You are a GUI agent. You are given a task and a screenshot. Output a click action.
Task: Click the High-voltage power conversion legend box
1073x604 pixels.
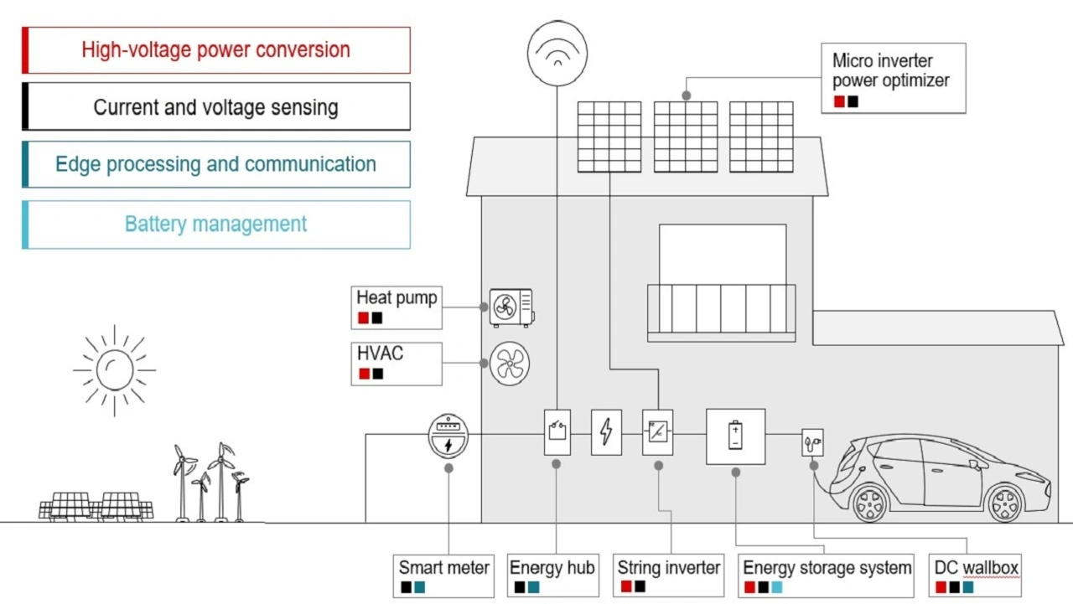pos(216,50)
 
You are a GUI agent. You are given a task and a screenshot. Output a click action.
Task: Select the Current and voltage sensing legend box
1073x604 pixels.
pos(216,107)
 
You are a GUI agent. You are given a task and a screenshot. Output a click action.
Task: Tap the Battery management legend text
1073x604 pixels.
pos(216,225)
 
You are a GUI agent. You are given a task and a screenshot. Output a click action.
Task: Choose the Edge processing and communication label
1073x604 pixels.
pos(216,164)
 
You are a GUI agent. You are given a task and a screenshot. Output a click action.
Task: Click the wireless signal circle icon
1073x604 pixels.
pos(557,53)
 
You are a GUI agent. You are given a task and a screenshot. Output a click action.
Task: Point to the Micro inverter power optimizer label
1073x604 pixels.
pos(890,71)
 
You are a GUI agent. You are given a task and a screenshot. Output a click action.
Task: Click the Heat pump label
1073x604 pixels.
pos(397,298)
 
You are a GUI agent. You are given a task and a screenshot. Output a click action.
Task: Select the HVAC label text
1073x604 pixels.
pos(380,354)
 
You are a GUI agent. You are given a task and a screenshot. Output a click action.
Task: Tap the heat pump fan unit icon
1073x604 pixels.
pos(511,307)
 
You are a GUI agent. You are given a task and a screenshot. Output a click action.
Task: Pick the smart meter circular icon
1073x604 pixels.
pos(448,436)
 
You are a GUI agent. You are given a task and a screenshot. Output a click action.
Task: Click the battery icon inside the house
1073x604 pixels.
pos(735,436)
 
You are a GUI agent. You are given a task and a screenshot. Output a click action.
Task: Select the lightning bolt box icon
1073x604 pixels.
pos(606,432)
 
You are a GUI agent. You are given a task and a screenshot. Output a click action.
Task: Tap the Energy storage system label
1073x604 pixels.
pos(827,568)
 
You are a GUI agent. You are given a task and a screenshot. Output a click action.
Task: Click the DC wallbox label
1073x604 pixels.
pos(976,568)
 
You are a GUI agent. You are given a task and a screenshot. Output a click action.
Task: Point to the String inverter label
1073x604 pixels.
pos(669,568)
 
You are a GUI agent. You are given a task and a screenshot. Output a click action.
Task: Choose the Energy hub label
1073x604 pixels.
pos(552,568)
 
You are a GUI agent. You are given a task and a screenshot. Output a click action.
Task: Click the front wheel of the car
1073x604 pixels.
pos(1005,503)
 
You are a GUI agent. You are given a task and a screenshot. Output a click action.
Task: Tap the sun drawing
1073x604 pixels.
pos(115,369)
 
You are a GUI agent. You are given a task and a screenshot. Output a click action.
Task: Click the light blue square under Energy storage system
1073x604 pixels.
pos(777,588)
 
